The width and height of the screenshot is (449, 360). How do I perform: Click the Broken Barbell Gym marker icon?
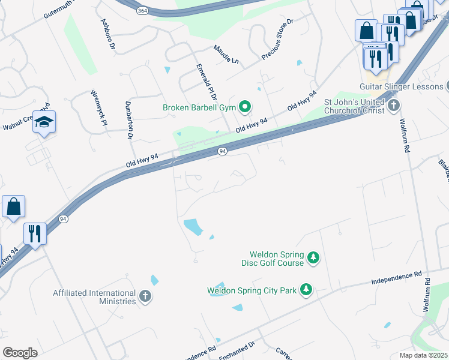tap(244, 108)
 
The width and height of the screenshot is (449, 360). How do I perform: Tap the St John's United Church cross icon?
tap(394, 106)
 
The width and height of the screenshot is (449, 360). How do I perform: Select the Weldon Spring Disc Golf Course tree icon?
tap(313, 258)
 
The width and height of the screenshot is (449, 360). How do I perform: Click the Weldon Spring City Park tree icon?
tap(306, 290)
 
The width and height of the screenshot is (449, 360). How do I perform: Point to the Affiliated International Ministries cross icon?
tap(145, 296)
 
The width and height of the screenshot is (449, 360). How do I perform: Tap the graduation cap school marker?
tap(44, 122)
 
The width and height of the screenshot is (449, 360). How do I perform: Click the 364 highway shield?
tap(142, 11)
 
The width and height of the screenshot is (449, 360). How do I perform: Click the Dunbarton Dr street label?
tap(129, 119)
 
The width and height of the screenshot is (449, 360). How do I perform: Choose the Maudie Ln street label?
tap(226, 54)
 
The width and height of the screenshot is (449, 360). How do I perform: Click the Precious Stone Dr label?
tap(277, 39)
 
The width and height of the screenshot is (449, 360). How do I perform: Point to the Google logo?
tap(20, 353)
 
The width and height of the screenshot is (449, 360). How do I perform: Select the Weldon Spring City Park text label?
tap(252, 290)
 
